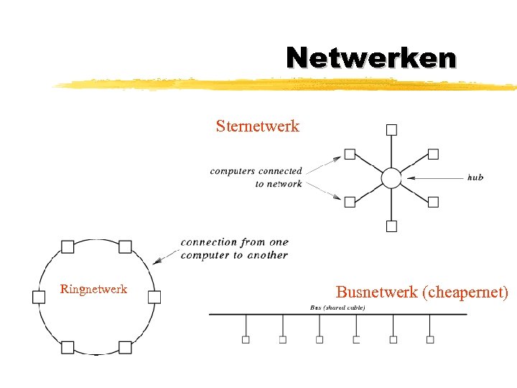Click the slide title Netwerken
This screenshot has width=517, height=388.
point(371,57)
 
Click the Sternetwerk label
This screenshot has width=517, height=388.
point(257,127)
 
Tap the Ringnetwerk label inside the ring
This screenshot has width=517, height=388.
point(94,290)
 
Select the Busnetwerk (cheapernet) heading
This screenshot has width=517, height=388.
point(422,292)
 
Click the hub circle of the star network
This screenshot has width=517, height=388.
point(391,178)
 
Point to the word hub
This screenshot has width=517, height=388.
point(475,177)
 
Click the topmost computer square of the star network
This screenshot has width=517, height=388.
point(391,130)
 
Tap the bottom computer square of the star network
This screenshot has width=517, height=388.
point(391,226)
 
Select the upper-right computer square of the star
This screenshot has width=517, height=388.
point(433,154)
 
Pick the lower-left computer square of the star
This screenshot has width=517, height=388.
point(350,202)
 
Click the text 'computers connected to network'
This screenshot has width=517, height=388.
point(256,177)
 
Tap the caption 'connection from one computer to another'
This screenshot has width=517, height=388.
point(234,249)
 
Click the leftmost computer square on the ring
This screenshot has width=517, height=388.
point(39,297)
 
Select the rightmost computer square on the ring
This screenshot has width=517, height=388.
point(154,297)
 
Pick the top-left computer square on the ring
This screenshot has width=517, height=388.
point(67,246)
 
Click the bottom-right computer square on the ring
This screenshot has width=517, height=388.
point(125,348)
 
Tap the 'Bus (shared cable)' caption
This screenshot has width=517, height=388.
point(337,308)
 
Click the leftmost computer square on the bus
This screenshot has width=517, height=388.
point(246,339)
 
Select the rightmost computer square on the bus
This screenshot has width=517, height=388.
point(430,339)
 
